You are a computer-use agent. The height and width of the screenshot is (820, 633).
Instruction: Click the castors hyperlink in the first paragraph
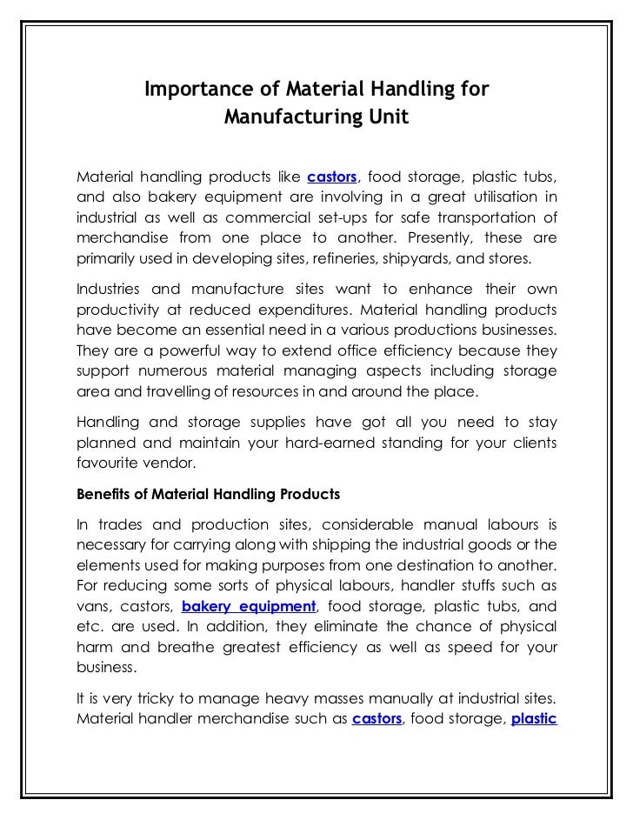(332, 177)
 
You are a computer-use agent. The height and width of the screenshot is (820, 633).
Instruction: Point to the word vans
(92, 606)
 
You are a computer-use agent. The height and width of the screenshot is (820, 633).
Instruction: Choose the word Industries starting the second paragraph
(110, 289)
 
